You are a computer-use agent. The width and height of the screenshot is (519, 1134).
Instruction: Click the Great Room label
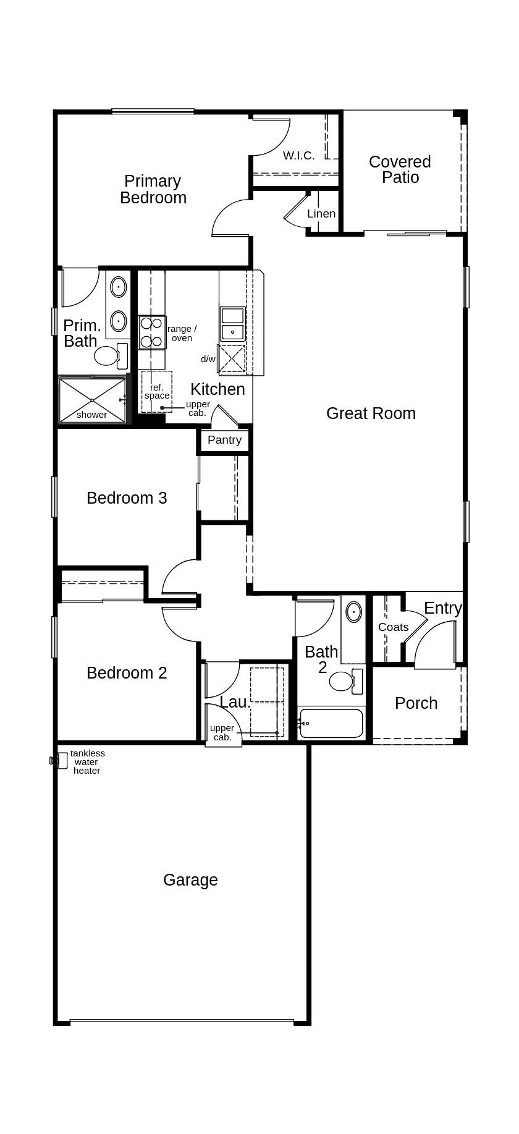[371, 413]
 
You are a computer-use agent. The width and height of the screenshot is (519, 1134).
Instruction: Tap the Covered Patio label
[400, 169]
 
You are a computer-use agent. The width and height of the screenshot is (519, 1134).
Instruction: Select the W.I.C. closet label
[298, 156]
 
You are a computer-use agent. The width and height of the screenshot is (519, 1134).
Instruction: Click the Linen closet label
[321, 214]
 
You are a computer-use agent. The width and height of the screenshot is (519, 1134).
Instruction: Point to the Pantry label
[224, 440]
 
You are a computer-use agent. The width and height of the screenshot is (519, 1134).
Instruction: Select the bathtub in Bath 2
[331, 723]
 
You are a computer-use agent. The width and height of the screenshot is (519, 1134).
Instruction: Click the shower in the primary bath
[92, 400]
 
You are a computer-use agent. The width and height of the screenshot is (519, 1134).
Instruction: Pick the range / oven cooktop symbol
[151, 332]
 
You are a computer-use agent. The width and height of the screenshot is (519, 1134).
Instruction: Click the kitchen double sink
[233, 324]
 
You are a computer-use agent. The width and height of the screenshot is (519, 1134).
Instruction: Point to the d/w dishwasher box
[232, 359]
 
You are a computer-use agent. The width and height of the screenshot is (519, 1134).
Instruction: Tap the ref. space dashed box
[156, 392]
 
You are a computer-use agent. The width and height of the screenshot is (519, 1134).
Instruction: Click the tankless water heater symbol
[60, 761]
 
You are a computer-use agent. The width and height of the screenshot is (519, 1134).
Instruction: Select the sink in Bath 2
[353, 612]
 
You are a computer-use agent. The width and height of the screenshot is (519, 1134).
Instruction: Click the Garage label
[190, 880]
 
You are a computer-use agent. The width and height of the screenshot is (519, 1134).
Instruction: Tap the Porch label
[416, 703]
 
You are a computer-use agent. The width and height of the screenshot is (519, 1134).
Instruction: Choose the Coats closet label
[393, 627]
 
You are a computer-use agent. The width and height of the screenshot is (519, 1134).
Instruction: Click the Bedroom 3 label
[127, 498]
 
